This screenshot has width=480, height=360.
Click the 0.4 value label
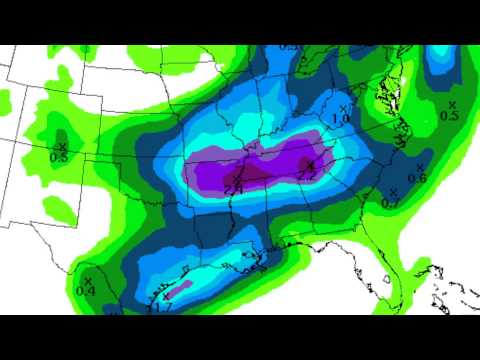click(85, 292)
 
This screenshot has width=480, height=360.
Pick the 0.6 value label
click(417, 178)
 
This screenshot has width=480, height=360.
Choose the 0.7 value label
click(391, 203)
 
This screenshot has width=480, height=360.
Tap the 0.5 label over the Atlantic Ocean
click(449, 116)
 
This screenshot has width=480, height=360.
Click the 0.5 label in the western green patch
click(58, 157)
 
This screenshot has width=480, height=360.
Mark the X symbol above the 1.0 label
click(343, 108)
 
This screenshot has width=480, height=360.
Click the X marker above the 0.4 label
click(88, 281)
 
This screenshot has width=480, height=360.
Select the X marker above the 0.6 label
click(420, 167)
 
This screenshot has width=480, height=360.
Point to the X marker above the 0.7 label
click(393, 192)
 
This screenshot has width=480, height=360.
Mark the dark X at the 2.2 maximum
click(310, 164)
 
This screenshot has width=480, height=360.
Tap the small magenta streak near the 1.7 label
click(180, 290)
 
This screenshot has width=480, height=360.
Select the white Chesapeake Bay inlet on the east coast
click(383, 100)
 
